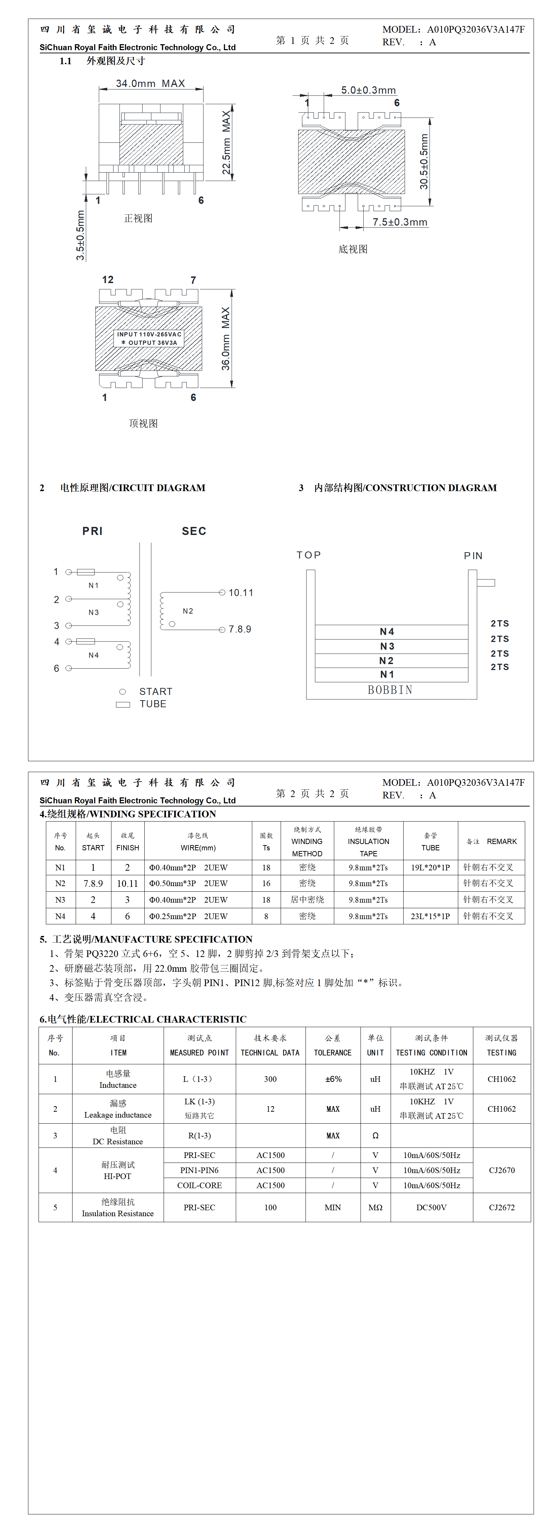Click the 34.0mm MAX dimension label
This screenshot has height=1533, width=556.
pyautogui.click(x=150, y=83)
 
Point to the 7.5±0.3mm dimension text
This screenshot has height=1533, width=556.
pyautogui.click(x=400, y=222)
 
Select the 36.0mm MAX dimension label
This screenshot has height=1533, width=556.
pyautogui.click(x=226, y=339)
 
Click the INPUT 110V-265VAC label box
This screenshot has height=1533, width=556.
pyautogui.click(x=149, y=338)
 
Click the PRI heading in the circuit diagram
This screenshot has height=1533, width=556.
pyautogui.click(x=92, y=531)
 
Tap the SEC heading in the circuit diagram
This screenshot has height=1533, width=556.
pyautogui.click(x=194, y=531)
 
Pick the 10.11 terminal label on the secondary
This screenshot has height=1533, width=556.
pyautogui.click(x=241, y=593)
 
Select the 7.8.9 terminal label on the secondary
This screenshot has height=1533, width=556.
pyautogui.click(x=240, y=629)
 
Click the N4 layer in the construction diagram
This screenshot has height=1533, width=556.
pyautogui.click(x=387, y=631)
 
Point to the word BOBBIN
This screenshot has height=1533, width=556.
pyautogui.click(x=390, y=690)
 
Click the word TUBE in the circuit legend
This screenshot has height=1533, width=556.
pyautogui.click(x=153, y=704)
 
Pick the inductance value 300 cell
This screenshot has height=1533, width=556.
pyautogui.click(x=270, y=1079)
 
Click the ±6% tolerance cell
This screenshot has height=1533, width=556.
pyautogui.click(x=333, y=1079)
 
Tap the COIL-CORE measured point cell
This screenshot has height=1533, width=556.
pyautogui.click(x=199, y=1185)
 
